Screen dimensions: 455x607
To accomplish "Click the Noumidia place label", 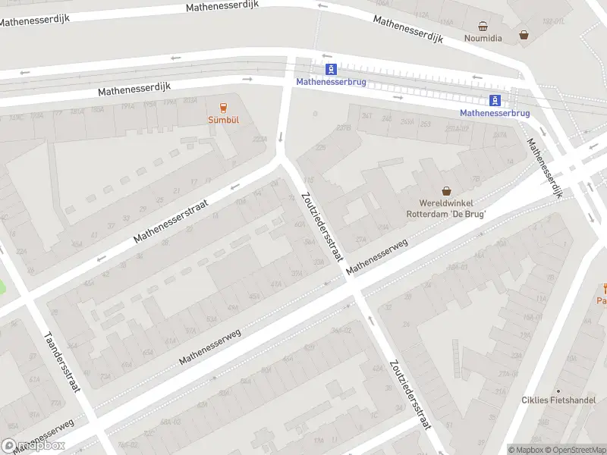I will (483, 38).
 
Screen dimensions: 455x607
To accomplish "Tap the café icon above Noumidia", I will (483, 26).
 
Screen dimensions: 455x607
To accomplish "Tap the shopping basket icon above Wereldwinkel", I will (446, 191).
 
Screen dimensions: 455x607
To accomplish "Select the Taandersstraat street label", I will (61, 363).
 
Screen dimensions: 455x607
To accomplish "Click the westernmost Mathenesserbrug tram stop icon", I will (330, 69).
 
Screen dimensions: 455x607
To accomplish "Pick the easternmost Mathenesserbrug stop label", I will (495, 113).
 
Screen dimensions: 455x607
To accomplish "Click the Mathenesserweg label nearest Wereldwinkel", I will (377, 257).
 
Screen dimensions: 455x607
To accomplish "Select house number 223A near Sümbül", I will (259, 140).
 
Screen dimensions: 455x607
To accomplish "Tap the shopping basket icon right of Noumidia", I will (524, 35).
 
